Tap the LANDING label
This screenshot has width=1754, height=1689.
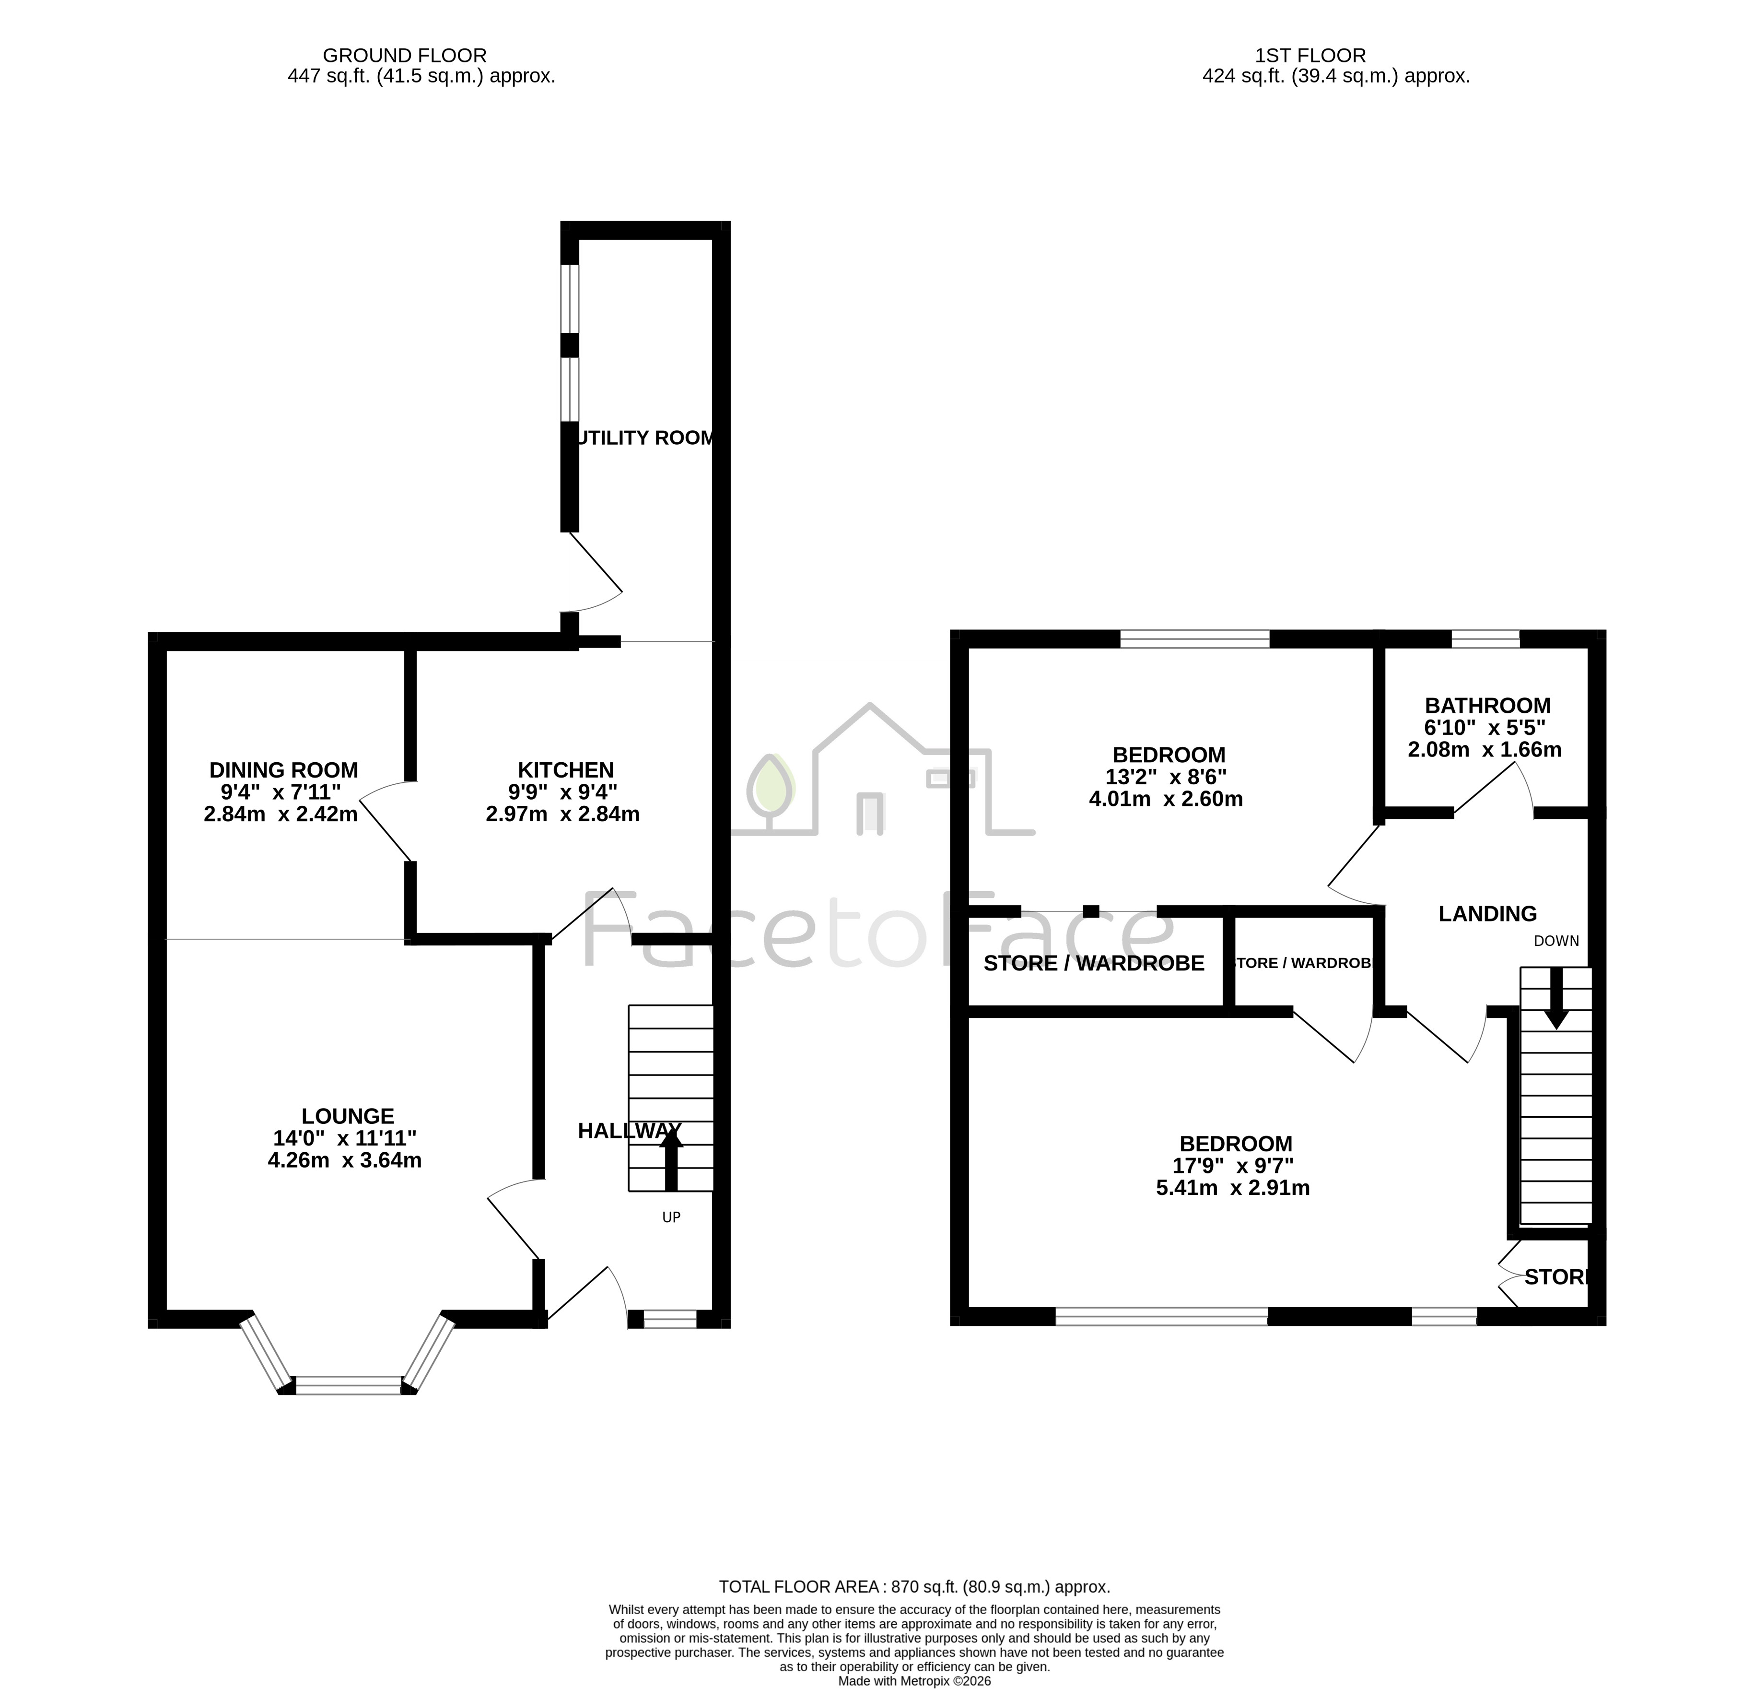[x=1487, y=914]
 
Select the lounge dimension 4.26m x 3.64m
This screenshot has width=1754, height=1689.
[x=345, y=1161]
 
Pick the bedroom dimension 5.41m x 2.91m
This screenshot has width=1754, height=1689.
[x=1233, y=1189]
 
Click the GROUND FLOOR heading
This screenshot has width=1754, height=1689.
[x=405, y=56]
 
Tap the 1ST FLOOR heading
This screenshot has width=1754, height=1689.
[x=1310, y=56]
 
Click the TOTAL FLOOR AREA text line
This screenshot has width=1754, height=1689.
[x=914, y=1587]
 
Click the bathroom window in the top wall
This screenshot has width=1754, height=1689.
[x=1485, y=639]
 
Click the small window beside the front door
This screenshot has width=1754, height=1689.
[x=670, y=1319]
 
